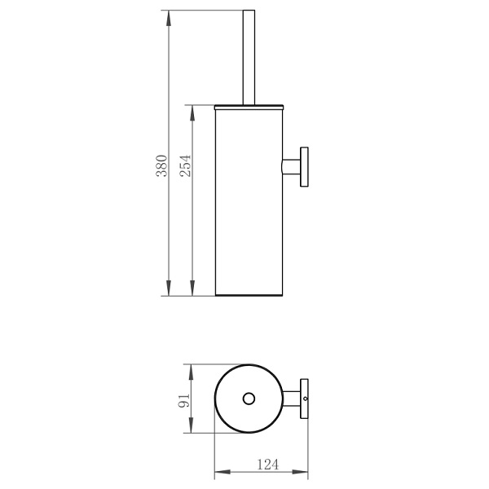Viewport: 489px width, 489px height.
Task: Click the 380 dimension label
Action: pyautogui.click(x=162, y=165)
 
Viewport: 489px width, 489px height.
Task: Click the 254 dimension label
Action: pyautogui.click(x=185, y=165)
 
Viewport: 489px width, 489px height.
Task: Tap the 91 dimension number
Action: pyautogui.click(x=183, y=400)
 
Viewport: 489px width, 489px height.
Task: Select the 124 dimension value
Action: pyautogui.click(x=267, y=465)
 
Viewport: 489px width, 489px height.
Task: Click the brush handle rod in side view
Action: pyautogui.click(x=249, y=57)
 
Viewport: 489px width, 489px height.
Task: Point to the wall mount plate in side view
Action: pyautogui.click(x=304, y=167)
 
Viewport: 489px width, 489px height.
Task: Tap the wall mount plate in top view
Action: pyautogui.click(x=304, y=399)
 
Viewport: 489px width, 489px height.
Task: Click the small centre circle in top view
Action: pyautogui.click(x=249, y=399)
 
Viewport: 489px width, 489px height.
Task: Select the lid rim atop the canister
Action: pyautogui.click(x=249, y=108)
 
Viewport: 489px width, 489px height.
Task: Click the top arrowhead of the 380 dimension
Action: pyautogui.click(x=169, y=18)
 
